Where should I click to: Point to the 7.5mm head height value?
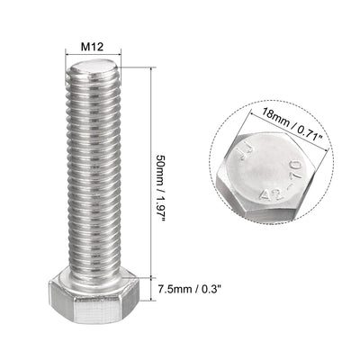point(173,290)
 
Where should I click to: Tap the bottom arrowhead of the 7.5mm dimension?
point(149,307)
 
